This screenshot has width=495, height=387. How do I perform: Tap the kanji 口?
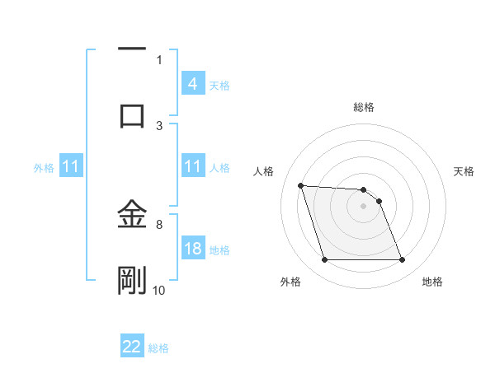point(132,114)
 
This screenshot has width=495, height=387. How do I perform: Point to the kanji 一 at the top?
point(132,49)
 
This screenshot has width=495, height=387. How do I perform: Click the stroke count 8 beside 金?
point(159,223)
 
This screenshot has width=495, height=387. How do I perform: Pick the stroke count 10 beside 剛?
point(159,290)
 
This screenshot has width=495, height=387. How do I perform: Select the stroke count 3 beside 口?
point(159,124)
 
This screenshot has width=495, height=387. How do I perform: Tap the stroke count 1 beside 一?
point(159,59)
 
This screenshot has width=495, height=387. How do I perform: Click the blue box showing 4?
point(192,84)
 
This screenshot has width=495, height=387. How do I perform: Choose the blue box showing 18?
point(192,249)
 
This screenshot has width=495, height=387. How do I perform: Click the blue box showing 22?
point(132,347)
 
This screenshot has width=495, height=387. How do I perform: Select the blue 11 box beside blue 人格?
point(192,167)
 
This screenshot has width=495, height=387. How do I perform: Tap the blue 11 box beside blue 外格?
point(71,167)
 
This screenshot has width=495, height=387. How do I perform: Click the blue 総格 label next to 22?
point(158,348)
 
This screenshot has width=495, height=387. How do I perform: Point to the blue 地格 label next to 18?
point(219,250)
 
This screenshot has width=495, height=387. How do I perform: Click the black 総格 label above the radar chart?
point(363,107)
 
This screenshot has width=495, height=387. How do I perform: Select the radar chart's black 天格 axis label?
point(464,171)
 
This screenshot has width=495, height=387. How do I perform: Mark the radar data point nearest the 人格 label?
point(301,185)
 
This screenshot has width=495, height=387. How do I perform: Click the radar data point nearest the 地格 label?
point(402,260)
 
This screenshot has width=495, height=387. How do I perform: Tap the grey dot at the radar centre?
point(363,206)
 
